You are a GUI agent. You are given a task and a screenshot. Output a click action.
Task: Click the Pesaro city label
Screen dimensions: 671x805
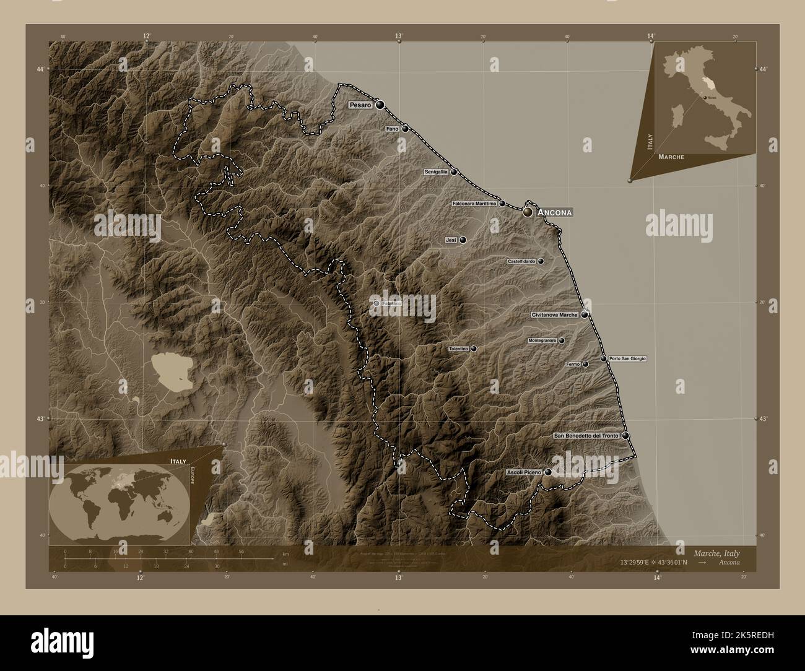360,105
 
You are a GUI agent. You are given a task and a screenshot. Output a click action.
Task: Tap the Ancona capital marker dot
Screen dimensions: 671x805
528,212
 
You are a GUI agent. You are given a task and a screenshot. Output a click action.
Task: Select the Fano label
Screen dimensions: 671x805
392,129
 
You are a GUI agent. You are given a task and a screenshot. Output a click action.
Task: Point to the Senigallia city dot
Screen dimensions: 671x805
454,172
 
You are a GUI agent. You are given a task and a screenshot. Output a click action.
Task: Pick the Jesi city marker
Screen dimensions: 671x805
463,240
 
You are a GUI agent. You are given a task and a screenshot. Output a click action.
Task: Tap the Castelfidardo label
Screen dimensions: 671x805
521,262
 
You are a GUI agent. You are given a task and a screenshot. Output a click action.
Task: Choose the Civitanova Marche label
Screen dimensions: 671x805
555,315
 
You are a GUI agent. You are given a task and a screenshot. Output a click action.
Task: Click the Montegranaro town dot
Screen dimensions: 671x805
562,340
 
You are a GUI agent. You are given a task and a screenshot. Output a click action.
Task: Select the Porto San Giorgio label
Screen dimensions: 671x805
627,359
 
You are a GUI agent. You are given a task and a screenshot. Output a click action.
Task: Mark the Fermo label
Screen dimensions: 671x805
573,365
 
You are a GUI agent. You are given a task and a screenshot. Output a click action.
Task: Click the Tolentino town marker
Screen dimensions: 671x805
474,349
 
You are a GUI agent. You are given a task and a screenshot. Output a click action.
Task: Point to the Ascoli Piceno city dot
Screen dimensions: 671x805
548,472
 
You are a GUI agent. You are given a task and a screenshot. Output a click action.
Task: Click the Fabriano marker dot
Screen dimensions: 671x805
376,303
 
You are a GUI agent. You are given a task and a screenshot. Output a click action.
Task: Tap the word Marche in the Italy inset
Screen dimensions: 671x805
671,157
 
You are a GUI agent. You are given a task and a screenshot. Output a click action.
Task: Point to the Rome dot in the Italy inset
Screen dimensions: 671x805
703,97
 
